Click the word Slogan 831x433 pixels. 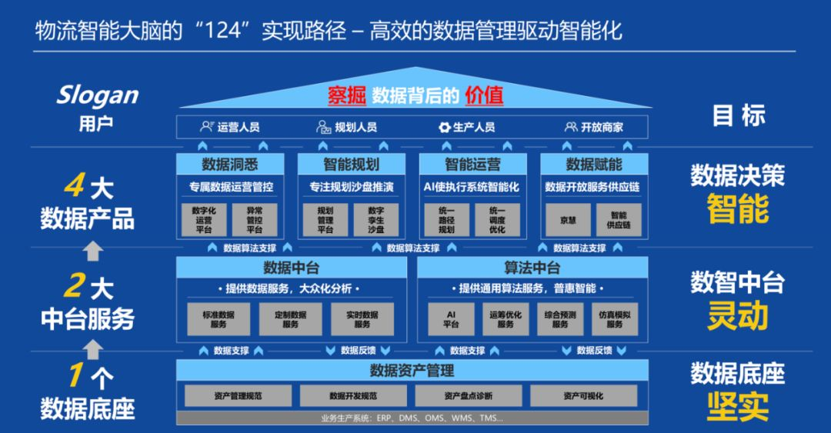point(97,95)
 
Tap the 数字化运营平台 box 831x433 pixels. point(204,219)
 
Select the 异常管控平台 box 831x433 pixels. point(255,219)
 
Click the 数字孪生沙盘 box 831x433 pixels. point(376,219)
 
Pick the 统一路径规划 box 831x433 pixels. point(446,219)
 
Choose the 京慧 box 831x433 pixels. point(569,219)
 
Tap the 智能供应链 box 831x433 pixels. point(619,219)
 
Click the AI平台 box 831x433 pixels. point(451,319)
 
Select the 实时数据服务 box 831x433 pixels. point(362,319)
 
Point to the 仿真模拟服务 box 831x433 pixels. point(614,319)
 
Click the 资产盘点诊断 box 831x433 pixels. point(468,396)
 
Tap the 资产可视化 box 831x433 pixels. point(583,396)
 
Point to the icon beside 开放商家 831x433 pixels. point(570,128)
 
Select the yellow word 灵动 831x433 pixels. point(738,315)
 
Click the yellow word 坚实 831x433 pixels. point(738,405)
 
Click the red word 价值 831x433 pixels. point(484,95)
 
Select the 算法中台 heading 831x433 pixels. point(532,268)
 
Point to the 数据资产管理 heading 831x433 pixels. point(412,371)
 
